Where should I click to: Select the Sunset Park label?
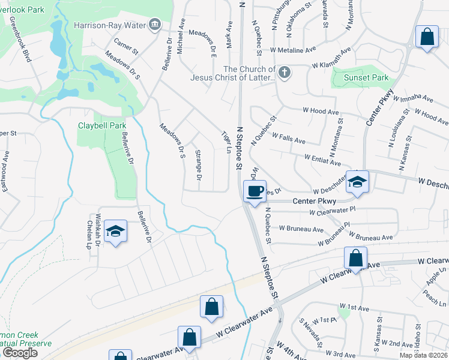point(366,77)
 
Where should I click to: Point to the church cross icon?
point(285,73)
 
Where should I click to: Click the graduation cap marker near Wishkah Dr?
point(114,231)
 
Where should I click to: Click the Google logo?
point(20,352)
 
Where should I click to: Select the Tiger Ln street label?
point(226,142)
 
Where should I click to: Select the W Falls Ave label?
point(288,139)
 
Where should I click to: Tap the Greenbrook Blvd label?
point(25,45)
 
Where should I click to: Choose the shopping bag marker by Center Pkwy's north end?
point(427,36)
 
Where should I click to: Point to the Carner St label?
point(126,44)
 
